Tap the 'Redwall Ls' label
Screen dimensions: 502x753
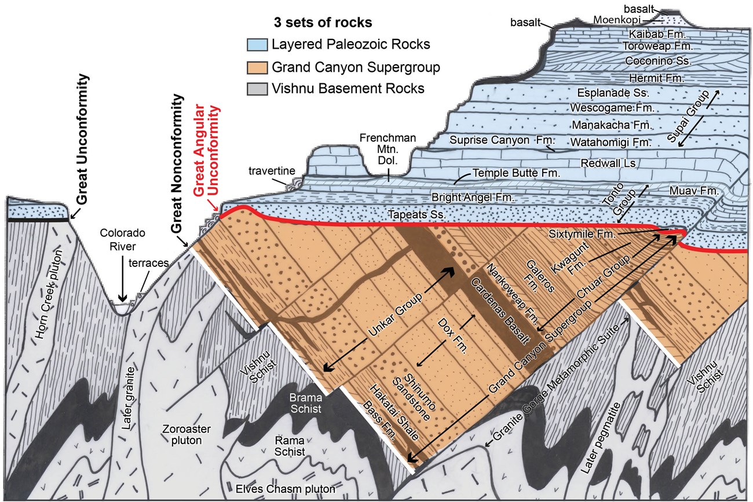pyautogui.click(x=608, y=164)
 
